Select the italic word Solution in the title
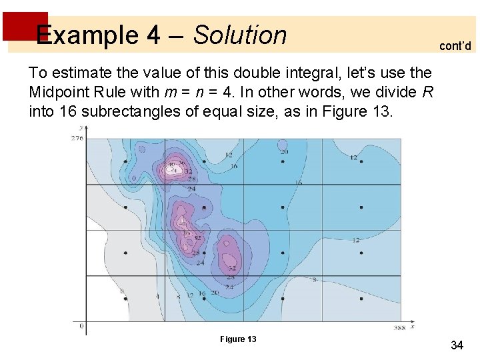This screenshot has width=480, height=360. pyautogui.click(x=240, y=35)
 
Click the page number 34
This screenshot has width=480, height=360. pyautogui.click(x=457, y=345)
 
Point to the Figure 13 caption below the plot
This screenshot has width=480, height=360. pyautogui.click(x=238, y=339)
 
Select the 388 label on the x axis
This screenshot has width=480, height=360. pyautogui.click(x=399, y=328)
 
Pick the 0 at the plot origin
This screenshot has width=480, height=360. pyautogui.click(x=81, y=326)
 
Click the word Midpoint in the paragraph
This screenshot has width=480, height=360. pyautogui.click(x=60, y=91)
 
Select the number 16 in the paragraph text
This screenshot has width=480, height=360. pyautogui.click(x=67, y=111)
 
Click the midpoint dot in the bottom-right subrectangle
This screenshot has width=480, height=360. pyautogui.click(x=361, y=299)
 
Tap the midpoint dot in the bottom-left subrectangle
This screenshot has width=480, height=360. pyautogui.click(x=126, y=299)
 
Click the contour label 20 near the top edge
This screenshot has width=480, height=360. pyautogui.click(x=284, y=152)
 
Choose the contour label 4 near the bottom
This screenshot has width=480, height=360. pyautogui.click(x=157, y=295)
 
